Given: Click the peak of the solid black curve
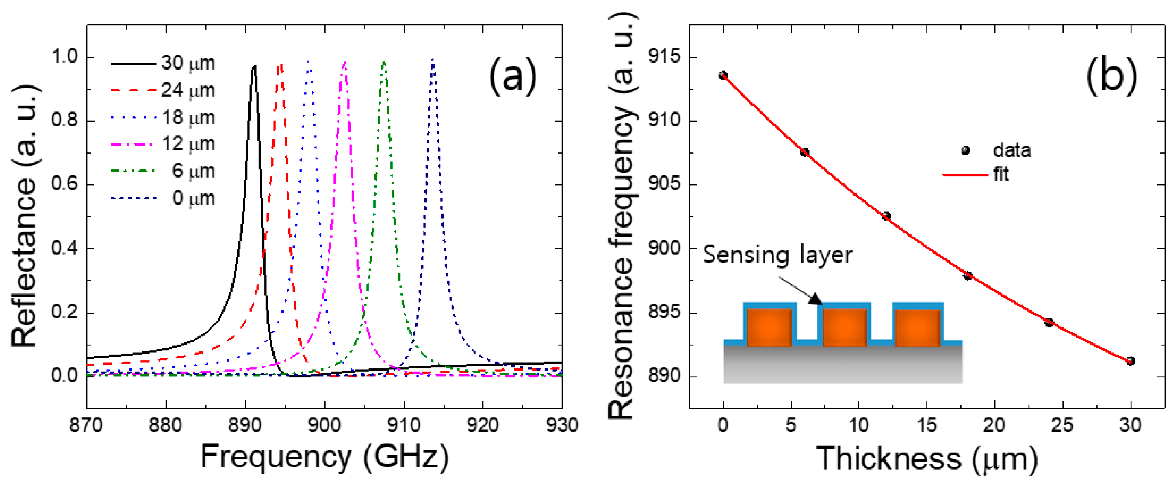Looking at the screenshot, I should (254, 67).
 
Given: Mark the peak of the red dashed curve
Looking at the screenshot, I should (280, 65).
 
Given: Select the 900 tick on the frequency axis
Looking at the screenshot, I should (324, 425).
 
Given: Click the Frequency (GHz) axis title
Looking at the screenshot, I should (324, 457).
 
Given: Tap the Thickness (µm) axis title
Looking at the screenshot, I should (927, 458).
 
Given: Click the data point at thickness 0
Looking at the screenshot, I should (723, 75).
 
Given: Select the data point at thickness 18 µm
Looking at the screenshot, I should (967, 275).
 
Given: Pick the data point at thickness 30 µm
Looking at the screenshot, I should (1130, 361).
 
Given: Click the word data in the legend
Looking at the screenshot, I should (1012, 150).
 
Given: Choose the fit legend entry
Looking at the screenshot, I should (1001, 174).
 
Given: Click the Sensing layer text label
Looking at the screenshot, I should (777, 254).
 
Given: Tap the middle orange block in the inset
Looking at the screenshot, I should (845, 327).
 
